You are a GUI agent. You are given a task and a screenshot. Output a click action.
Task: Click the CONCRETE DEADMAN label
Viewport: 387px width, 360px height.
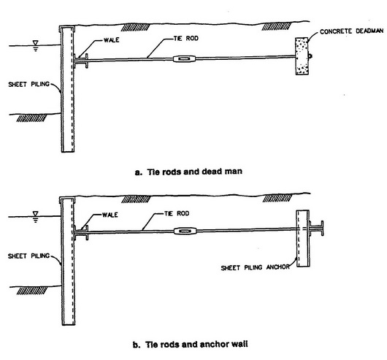(351, 31)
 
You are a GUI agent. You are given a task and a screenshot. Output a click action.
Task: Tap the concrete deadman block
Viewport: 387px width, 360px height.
(302, 56)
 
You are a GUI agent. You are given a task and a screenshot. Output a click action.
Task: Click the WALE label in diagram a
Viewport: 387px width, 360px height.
(111, 40)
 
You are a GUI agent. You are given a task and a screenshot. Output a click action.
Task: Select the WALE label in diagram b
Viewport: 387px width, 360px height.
(110, 215)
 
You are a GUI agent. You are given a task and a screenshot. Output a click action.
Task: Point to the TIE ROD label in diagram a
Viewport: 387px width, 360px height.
(186, 39)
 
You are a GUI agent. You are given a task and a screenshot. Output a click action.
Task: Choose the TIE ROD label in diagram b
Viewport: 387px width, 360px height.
(177, 213)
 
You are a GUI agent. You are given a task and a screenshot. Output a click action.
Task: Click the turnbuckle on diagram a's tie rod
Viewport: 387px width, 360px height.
(184, 58)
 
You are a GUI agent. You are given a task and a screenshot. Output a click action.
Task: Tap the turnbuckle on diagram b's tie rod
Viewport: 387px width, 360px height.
(185, 231)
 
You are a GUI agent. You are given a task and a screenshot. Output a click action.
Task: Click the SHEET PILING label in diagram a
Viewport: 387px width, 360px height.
(29, 85)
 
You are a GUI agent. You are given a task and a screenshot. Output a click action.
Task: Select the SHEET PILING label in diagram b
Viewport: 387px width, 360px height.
(29, 256)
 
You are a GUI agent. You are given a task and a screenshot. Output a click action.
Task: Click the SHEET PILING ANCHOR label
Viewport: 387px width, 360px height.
(256, 268)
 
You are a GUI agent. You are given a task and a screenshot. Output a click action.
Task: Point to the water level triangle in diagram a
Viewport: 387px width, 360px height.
(36, 43)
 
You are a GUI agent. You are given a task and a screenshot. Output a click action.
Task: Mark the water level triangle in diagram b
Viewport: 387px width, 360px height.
(36, 214)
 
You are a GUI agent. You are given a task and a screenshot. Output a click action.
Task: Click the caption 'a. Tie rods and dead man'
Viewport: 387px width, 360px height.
(188, 172)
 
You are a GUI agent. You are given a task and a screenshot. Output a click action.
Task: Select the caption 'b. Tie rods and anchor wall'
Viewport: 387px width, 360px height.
(191, 344)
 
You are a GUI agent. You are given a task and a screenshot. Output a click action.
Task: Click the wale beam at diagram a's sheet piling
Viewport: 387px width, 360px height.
(81, 61)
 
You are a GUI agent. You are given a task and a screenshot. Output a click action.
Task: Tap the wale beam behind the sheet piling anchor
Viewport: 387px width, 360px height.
(316, 229)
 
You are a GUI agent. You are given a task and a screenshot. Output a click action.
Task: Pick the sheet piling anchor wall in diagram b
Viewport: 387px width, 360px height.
(303, 238)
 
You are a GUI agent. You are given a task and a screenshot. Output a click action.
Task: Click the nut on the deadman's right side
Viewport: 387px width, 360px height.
(310, 56)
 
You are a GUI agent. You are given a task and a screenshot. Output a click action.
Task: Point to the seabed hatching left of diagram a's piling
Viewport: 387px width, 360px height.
(31, 118)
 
